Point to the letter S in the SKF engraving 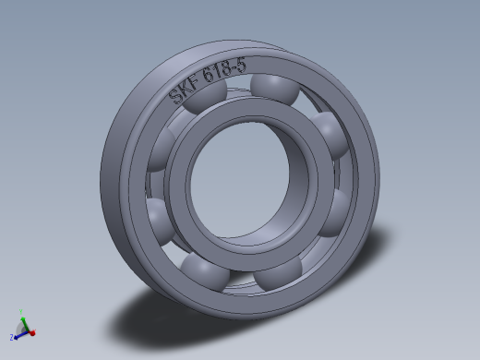tap(174, 96)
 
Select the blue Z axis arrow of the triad tap(16, 334)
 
